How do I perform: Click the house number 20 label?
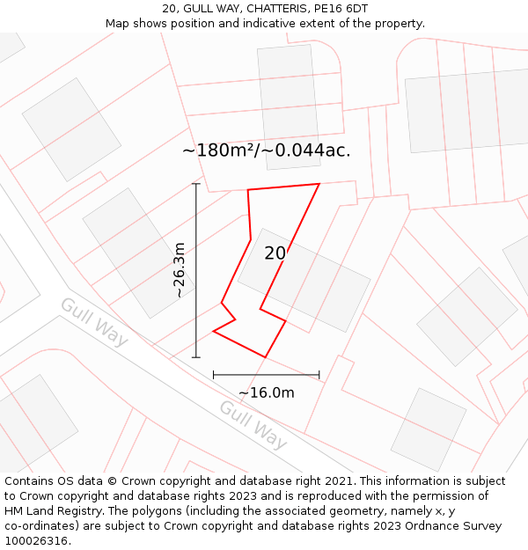coord(275,253)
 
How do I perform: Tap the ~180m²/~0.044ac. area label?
coord(266,150)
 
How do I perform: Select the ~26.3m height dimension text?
coord(180,271)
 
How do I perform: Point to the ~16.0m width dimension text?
coord(266,392)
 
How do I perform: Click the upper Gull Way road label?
coord(94,321)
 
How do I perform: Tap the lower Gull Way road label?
coord(253,424)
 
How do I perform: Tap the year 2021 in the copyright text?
coord(335,481)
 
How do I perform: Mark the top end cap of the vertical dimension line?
coord(195,184)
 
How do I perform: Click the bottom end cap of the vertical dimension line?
coord(195,357)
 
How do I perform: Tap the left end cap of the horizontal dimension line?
coord(213,375)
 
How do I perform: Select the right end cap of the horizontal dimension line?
coord(319,375)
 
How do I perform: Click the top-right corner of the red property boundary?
coord(319,184)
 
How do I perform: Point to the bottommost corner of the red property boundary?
coord(265,356)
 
